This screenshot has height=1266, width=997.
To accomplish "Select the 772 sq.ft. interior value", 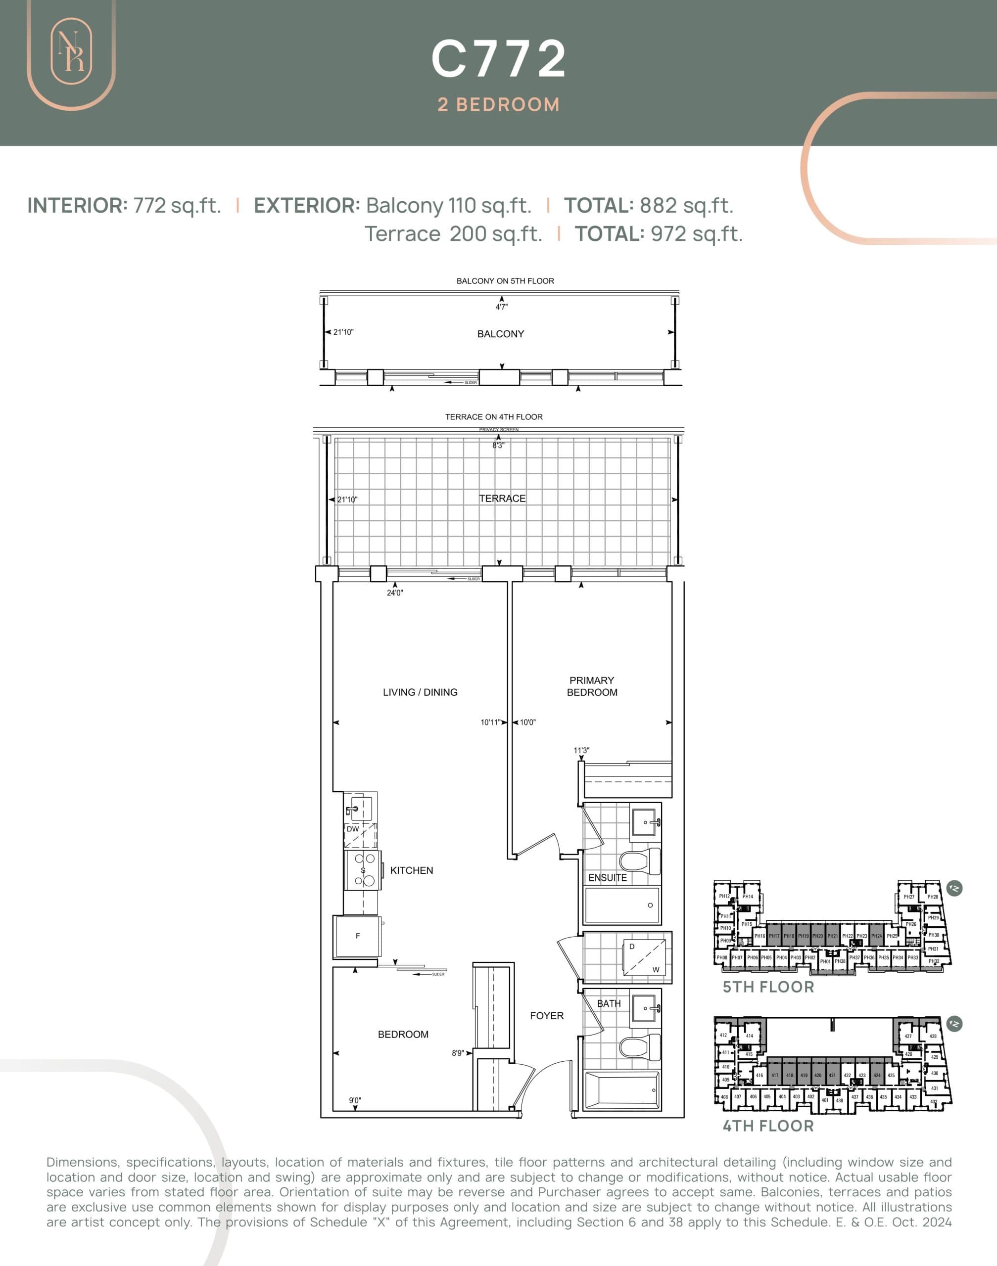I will click(x=177, y=205).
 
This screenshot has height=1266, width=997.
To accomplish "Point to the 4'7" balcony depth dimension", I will click(x=501, y=307).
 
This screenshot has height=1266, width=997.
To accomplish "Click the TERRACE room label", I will click(x=502, y=498).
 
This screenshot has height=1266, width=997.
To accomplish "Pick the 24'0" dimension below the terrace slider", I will click(x=395, y=593).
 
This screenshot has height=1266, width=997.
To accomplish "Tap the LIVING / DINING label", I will click(x=420, y=692).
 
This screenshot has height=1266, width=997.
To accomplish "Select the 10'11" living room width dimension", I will click(x=490, y=722).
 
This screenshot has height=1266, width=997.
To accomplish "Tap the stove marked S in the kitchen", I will click(x=363, y=870).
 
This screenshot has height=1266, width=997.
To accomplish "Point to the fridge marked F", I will click(x=357, y=936).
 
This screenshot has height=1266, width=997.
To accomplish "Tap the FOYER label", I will click(x=546, y=1016).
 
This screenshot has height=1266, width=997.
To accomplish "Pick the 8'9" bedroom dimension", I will click(x=458, y=1053).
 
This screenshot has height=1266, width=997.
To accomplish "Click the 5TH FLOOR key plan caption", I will click(x=768, y=987).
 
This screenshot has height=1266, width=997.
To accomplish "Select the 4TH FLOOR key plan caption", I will click(x=768, y=1126).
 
